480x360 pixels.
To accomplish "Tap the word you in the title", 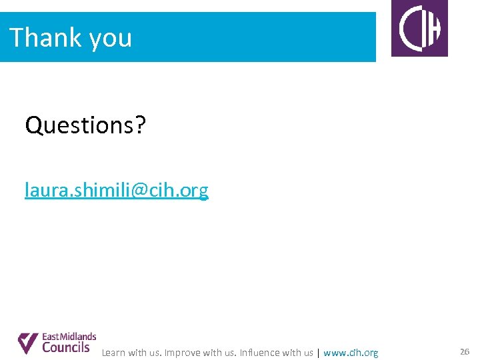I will [110, 39].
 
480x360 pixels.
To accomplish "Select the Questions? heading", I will [85, 125].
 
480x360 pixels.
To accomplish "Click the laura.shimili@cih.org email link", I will [117, 191].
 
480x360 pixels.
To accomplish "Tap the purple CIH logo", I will [419, 28].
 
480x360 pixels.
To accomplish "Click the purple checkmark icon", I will [27, 343].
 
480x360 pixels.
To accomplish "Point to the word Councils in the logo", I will [65, 347].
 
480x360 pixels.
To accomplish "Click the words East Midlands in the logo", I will [69, 337].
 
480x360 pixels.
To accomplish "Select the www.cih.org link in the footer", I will [351, 353].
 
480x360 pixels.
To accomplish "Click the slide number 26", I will [465, 351].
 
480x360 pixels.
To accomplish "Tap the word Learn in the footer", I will [113, 353].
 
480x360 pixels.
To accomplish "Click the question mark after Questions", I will [139, 125].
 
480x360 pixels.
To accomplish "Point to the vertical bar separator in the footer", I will [318, 353].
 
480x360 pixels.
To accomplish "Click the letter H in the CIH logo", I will [433, 29].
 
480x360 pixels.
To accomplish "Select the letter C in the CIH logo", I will [408, 29].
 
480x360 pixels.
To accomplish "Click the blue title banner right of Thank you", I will [253, 37].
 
